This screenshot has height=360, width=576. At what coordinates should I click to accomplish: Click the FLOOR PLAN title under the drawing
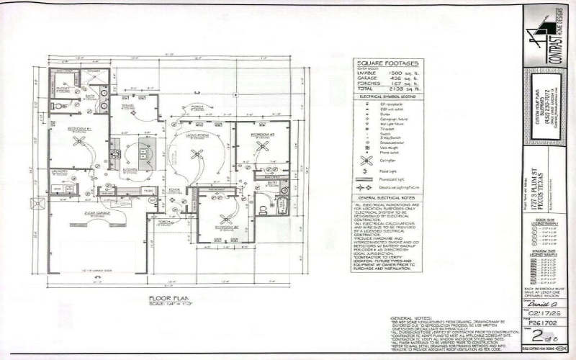click(x=168, y=297)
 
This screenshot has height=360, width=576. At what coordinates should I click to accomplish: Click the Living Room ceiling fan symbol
click(x=197, y=153)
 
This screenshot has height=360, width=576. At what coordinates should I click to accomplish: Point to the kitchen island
click(x=143, y=150)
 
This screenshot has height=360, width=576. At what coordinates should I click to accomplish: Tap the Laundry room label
click(x=60, y=171)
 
